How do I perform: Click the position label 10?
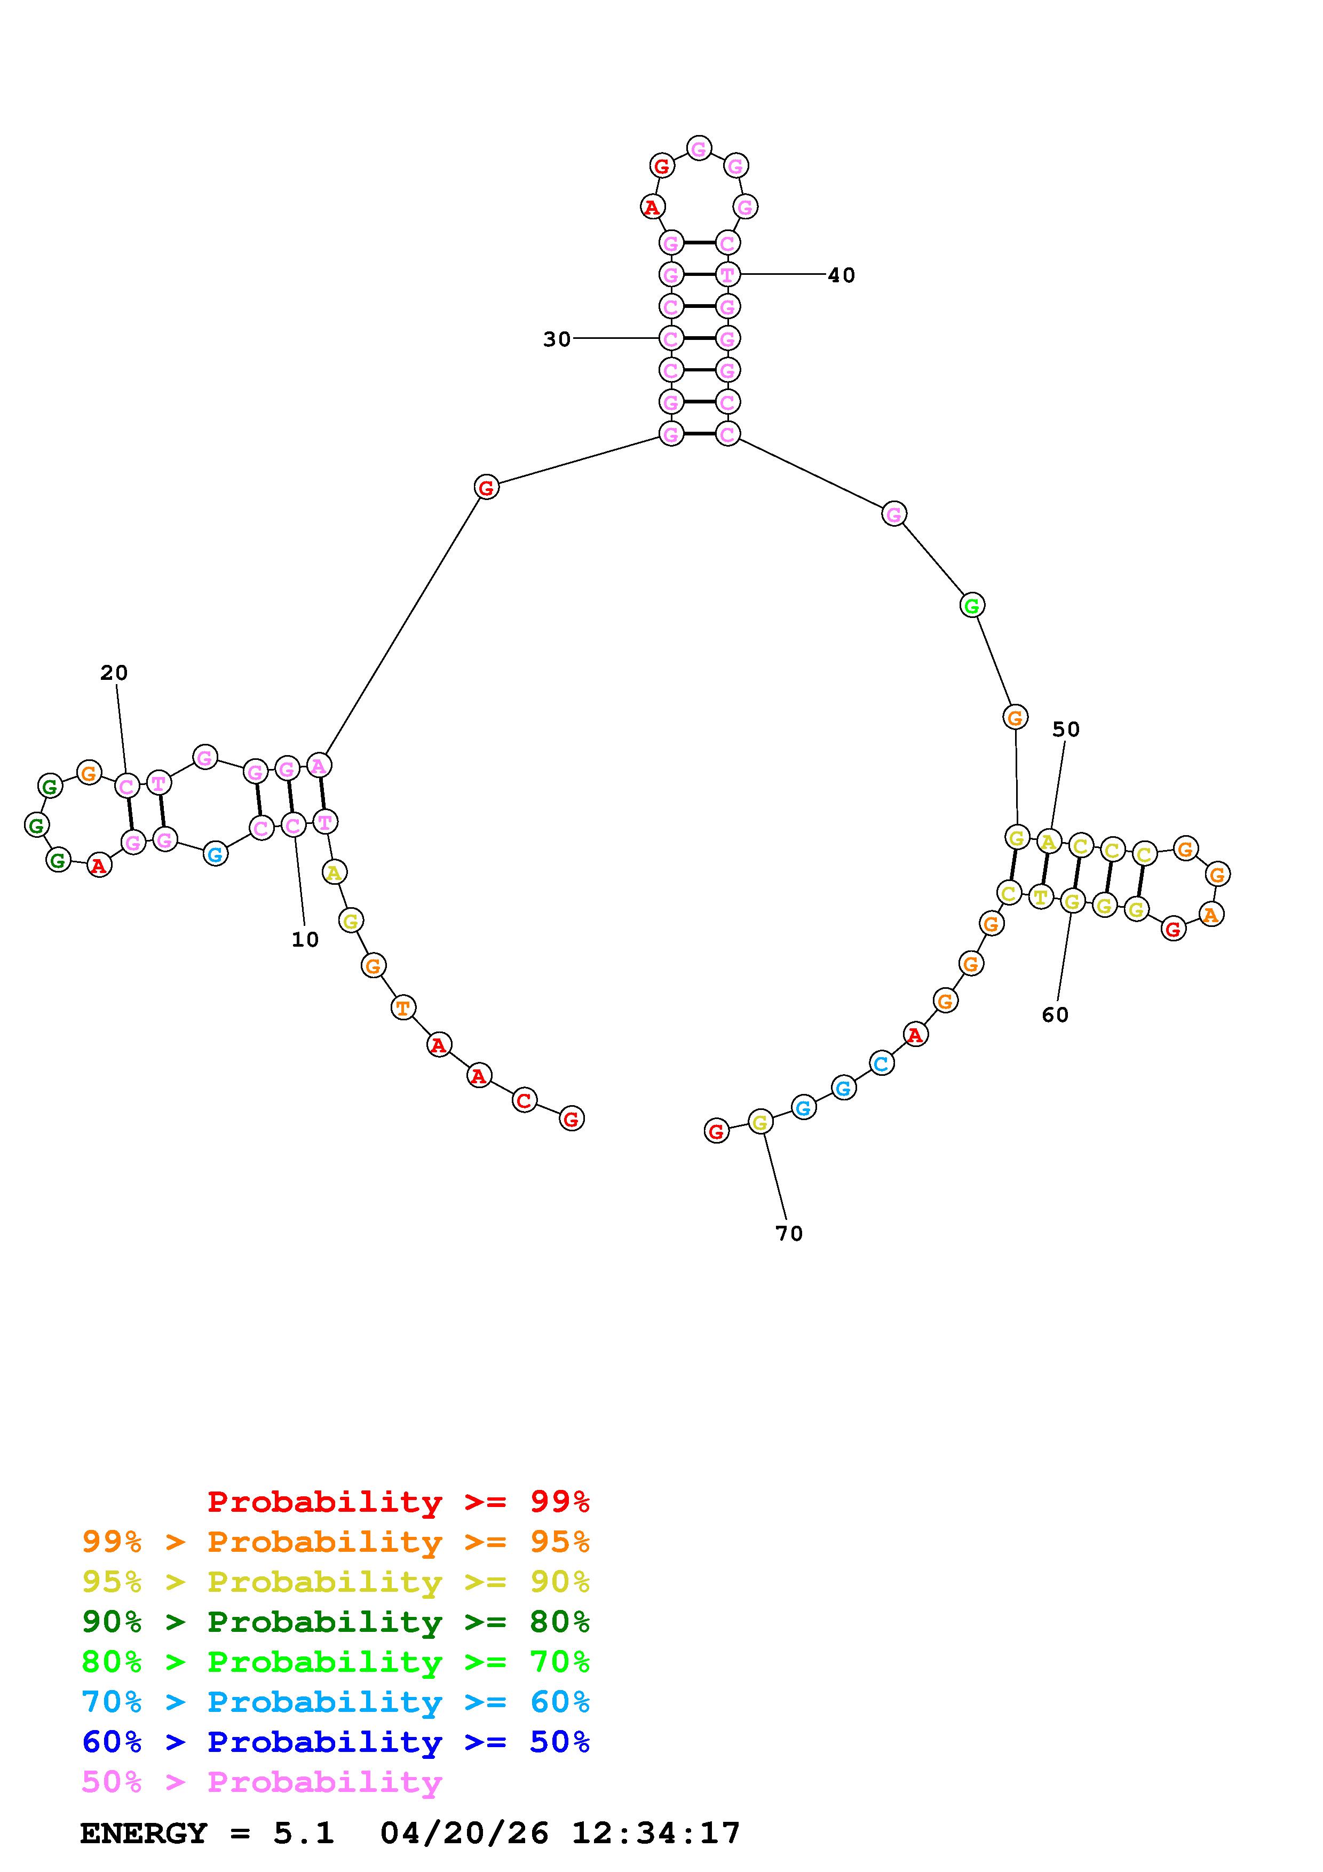pyautogui.click(x=305, y=940)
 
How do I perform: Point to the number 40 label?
pyautogui.click(x=841, y=275)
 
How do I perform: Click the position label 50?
pyautogui.click(x=1065, y=729)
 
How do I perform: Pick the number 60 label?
pyautogui.click(x=1055, y=1015)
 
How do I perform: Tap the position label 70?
pyautogui.click(x=789, y=1234)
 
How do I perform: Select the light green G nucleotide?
pyautogui.click(x=971, y=606)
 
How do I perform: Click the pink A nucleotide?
pyautogui.click(x=319, y=766)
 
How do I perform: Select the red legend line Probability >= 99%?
pyautogui.click(x=399, y=1502)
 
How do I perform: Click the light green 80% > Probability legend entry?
pyautogui.click(x=336, y=1662)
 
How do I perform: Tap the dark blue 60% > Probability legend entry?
pyautogui.click(x=336, y=1742)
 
